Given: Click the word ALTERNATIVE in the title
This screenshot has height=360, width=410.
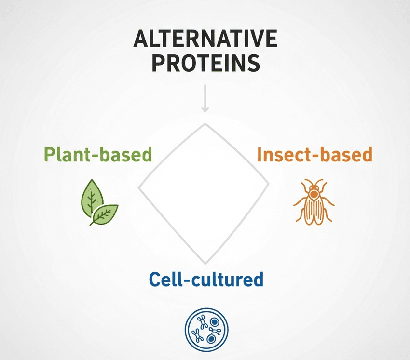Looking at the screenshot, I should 205,39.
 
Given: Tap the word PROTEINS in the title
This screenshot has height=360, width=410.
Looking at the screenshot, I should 205,64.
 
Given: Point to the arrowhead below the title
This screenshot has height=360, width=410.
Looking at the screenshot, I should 205,109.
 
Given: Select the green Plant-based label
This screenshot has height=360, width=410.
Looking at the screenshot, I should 98,155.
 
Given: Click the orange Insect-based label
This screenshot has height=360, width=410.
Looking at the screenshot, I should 315,155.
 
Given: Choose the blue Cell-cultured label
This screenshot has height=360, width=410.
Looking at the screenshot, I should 206,280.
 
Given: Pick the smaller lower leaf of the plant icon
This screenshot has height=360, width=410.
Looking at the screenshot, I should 105,213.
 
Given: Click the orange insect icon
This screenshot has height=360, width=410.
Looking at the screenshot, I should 313,201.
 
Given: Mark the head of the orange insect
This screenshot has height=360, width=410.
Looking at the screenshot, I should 314,185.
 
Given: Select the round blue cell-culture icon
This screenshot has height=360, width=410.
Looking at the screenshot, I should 206,330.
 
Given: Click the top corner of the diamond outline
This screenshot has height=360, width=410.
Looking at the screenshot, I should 205,124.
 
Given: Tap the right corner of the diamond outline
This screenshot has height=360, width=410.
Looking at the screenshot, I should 269,183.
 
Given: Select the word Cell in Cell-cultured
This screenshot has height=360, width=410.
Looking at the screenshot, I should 164,280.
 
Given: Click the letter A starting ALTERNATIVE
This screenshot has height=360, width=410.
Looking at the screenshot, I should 140,39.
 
